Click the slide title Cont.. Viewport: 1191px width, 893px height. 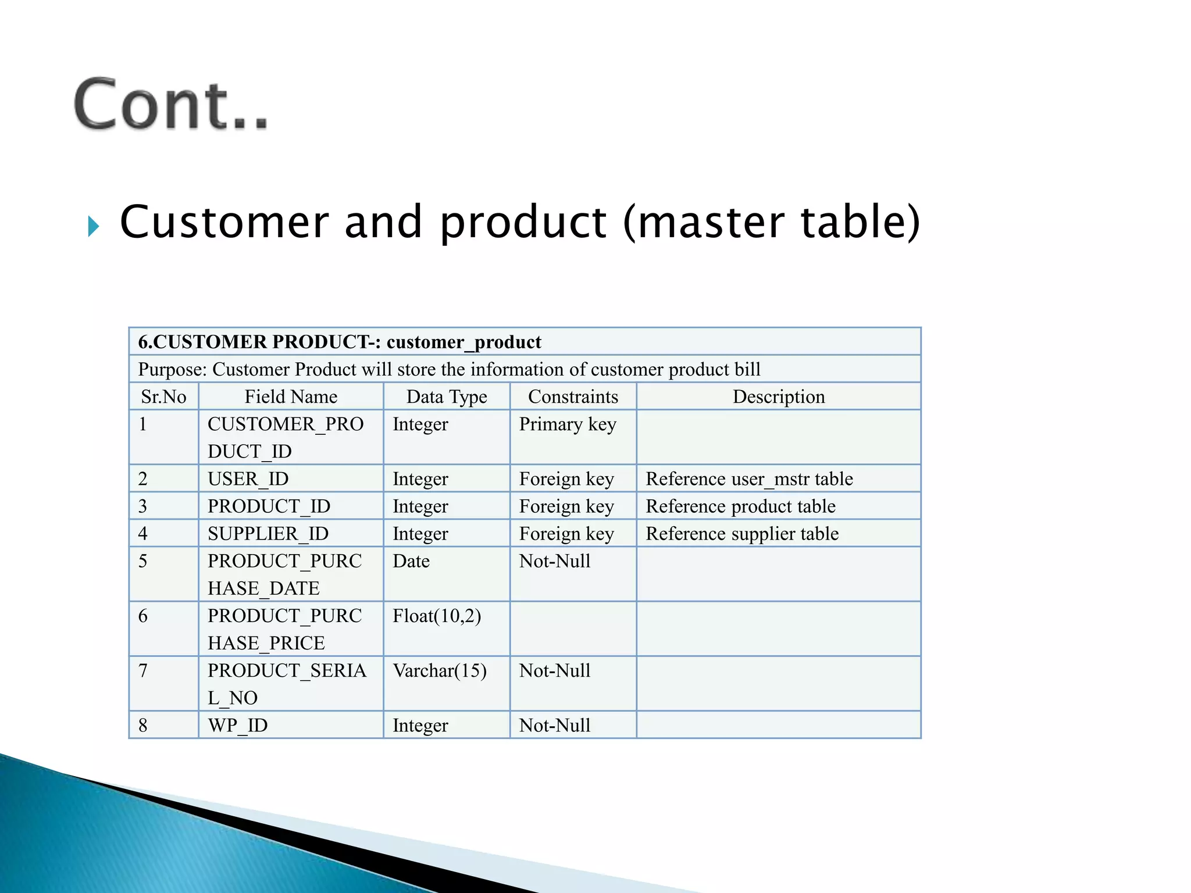point(171,105)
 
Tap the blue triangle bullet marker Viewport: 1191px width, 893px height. point(93,226)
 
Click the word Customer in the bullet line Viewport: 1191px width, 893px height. point(224,222)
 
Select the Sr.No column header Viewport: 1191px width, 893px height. point(163,397)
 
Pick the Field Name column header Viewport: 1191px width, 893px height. point(291,397)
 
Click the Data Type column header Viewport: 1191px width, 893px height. point(447,397)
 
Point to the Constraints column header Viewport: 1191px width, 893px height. point(573,397)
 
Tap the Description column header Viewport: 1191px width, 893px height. point(779,397)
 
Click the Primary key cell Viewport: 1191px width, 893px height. point(568,424)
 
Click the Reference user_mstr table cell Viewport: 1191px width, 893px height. point(749,479)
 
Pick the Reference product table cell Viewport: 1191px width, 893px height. point(740,506)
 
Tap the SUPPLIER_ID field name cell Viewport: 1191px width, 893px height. point(268,534)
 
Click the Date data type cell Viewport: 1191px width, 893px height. point(411,561)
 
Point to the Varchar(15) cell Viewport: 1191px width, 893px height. point(440,671)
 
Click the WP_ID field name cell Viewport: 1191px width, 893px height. point(238,726)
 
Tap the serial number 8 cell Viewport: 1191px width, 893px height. point(143,726)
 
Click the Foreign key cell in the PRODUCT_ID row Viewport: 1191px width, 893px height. point(566,506)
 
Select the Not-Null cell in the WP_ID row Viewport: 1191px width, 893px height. point(555,726)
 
